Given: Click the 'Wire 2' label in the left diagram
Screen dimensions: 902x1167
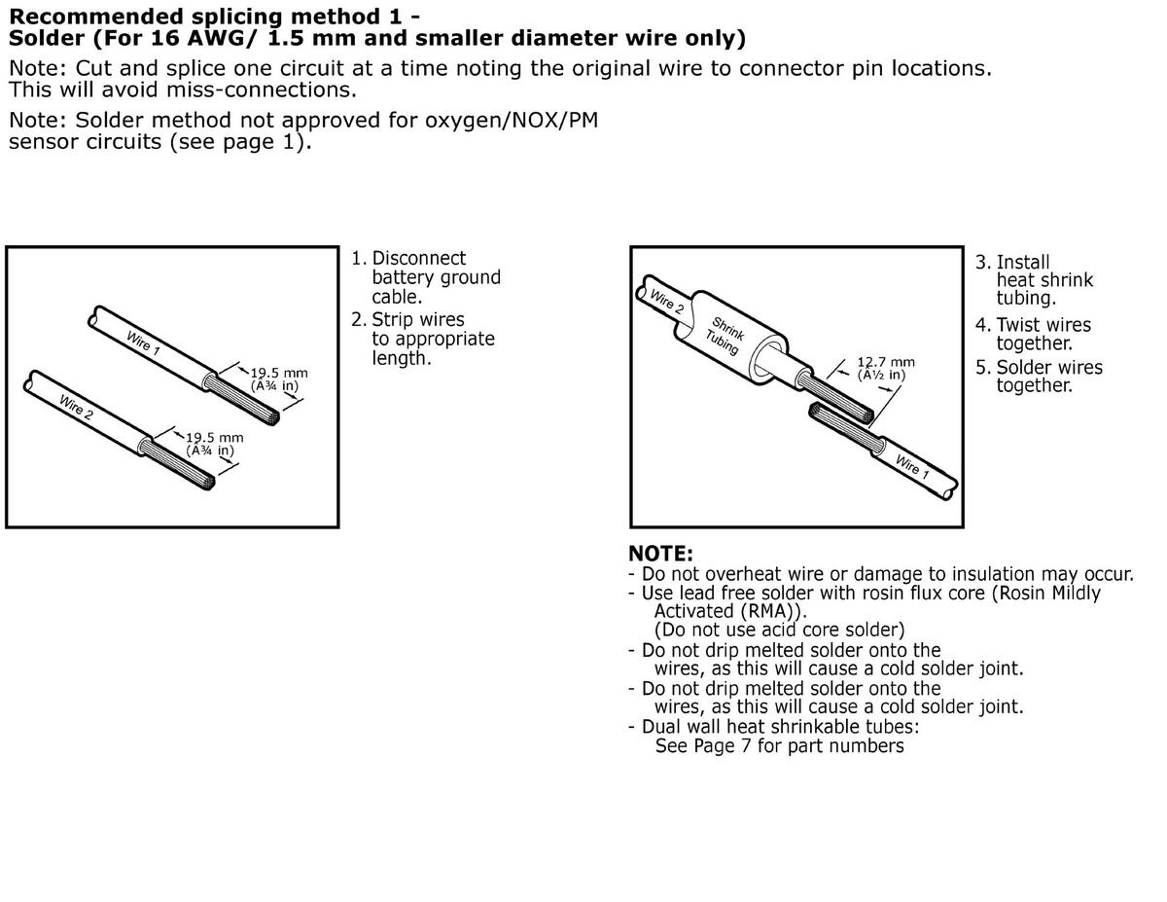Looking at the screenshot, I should pos(77,405).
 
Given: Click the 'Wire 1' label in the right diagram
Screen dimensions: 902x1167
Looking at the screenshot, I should pos(911,471).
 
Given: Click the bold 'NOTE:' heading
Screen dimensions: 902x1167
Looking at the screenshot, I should pos(660,554).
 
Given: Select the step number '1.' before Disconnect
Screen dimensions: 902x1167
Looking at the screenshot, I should pos(359,259).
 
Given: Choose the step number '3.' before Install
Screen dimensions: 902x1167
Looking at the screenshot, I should pos(983,263).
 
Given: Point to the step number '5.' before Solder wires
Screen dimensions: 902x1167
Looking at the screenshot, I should pos(983,368).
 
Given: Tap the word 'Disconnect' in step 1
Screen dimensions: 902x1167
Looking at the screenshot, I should pos(419,259).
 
